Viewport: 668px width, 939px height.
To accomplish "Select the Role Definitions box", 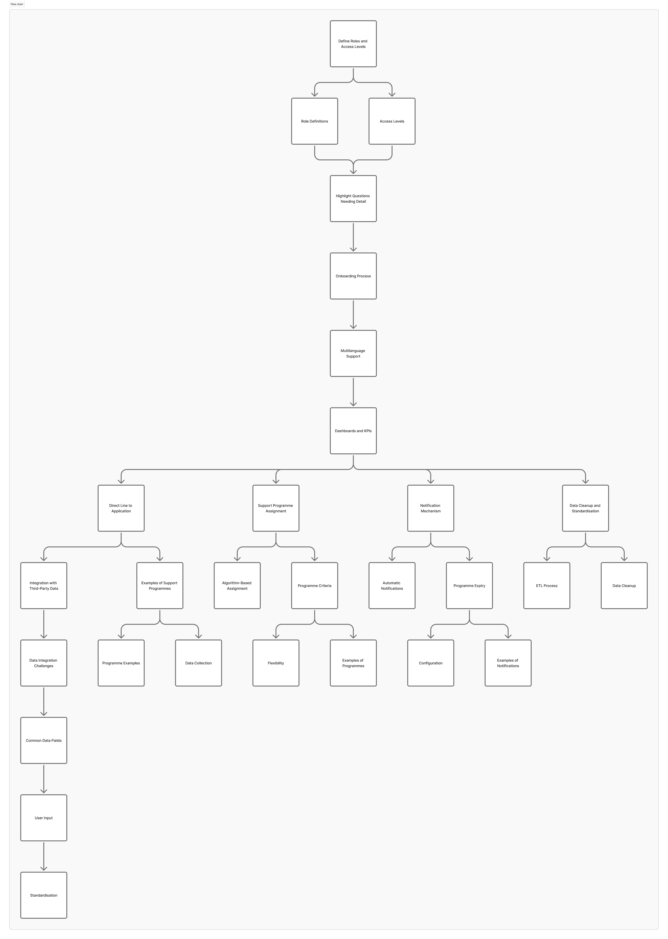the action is coord(314,121).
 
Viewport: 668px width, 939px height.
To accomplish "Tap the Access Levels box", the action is coord(392,121).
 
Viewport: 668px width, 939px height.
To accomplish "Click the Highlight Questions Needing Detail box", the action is coord(353,199).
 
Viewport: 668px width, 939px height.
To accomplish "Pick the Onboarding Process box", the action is coord(353,276).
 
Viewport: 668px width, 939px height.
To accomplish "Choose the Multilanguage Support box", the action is coord(353,353).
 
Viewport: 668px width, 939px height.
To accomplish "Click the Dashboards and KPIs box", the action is coord(353,431).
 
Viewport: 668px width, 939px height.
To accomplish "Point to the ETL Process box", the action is coord(546,585).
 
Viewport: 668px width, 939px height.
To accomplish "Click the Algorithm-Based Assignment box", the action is coord(237,585).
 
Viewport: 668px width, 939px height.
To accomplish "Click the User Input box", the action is coord(44,818).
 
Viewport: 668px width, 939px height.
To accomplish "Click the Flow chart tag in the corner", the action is coord(17,4).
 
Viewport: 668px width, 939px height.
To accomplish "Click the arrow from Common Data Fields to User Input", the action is coord(44,779).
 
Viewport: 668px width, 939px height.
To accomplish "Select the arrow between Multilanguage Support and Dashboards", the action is coord(353,392).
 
